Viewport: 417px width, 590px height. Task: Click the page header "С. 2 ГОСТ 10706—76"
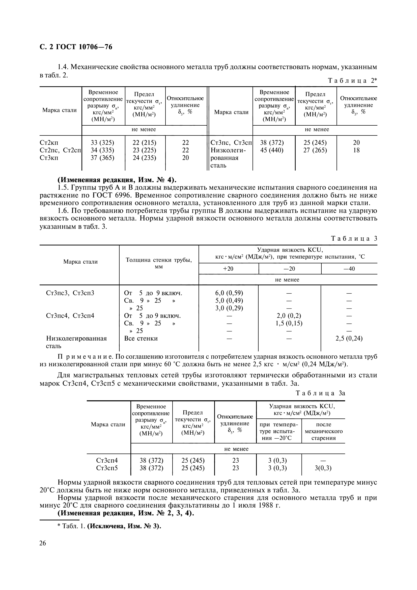pyautogui.click(x=76, y=47)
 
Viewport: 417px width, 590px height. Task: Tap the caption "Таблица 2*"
pyautogui.click(x=352, y=81)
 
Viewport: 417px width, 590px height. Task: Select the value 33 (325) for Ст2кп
pyautogui.click(x=102, y=143)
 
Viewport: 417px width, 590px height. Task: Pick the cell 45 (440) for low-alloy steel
pyautogui.click(x=272, y=150)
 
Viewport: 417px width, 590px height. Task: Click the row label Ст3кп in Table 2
pyautogui.click(x=49, y=158)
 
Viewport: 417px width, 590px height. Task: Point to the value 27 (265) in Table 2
pyautogui.click(x=315, y=150)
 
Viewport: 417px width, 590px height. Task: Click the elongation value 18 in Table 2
pyautogui.click(x=356, y=150)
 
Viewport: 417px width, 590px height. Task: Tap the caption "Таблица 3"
pyautogui.click(x=354, y=238)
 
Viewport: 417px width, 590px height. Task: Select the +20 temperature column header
pyautogui.click(x=228, y=269)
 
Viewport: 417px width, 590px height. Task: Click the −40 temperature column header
pyautogui.click(x=349, y=269)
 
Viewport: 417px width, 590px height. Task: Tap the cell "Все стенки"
pyautogui.click(x=141, y=339)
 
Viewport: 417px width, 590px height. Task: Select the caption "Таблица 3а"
pyautogui.click(x=320, y=393)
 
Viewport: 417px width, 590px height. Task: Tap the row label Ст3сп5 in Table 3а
pyautogui.click(x=107, y=468)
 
